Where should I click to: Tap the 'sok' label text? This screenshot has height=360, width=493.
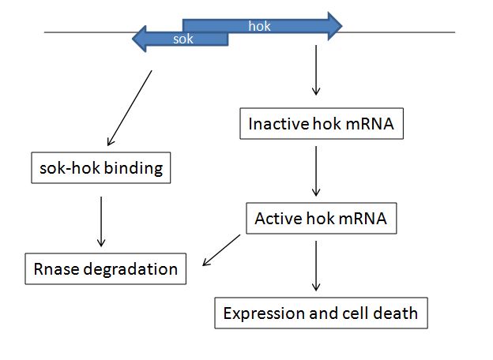coord(183,38)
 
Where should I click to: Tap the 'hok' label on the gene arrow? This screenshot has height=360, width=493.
coord(259,26)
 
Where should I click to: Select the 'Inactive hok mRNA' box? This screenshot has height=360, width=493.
coord(316,124)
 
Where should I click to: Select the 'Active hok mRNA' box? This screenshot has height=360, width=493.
coord(321,218)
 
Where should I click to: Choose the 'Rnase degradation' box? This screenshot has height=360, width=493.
coord(105,268)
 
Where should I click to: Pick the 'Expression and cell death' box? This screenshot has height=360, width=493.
coord(321,313)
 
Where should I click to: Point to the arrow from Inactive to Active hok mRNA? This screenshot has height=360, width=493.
coord(316,169)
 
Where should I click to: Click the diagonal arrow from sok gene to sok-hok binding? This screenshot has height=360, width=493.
coord(129,105)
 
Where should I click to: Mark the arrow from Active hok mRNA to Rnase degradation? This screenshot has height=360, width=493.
coord(223,249)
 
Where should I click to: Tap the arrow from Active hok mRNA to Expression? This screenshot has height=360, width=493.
coord(316,265)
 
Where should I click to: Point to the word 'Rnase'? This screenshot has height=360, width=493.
coord(54,268)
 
